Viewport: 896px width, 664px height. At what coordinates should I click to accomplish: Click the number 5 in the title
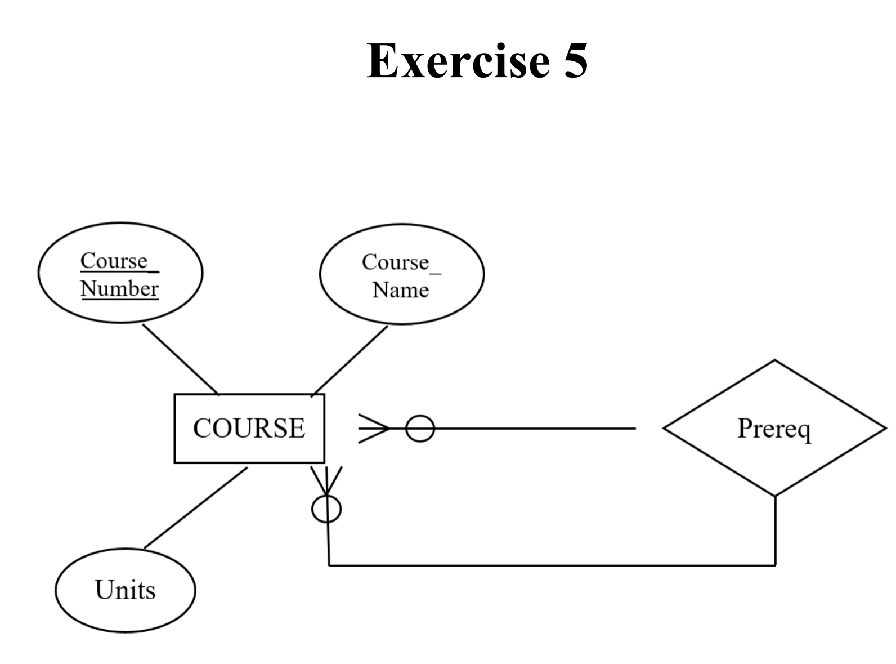pos(575,61)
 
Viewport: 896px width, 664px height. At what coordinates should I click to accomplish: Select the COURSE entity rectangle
pos(249,428)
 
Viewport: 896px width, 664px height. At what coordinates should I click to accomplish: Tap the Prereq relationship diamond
pos(774,428)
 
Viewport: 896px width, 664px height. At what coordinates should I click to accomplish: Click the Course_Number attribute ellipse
pos(120,273)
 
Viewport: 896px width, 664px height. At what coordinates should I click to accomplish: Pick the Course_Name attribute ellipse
pos(401,274)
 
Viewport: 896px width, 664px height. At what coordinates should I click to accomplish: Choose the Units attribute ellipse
pos(125,590)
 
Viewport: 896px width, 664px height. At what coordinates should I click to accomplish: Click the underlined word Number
pos(119,289)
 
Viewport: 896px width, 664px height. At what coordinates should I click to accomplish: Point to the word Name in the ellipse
pos(400,290)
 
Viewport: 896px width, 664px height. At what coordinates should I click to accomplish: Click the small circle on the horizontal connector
pos(420,429)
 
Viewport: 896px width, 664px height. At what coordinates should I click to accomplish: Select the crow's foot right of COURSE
pos(373,429)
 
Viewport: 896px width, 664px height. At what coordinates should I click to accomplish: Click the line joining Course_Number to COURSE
pos(180,359)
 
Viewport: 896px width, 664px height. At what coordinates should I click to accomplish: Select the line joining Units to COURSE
pos(195,507)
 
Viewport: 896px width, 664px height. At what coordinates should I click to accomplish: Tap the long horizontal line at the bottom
pos(552,565)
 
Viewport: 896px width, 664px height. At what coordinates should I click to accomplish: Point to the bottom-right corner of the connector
pos(775,565)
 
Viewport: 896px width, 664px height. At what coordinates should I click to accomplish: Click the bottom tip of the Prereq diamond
pos(775,496)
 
